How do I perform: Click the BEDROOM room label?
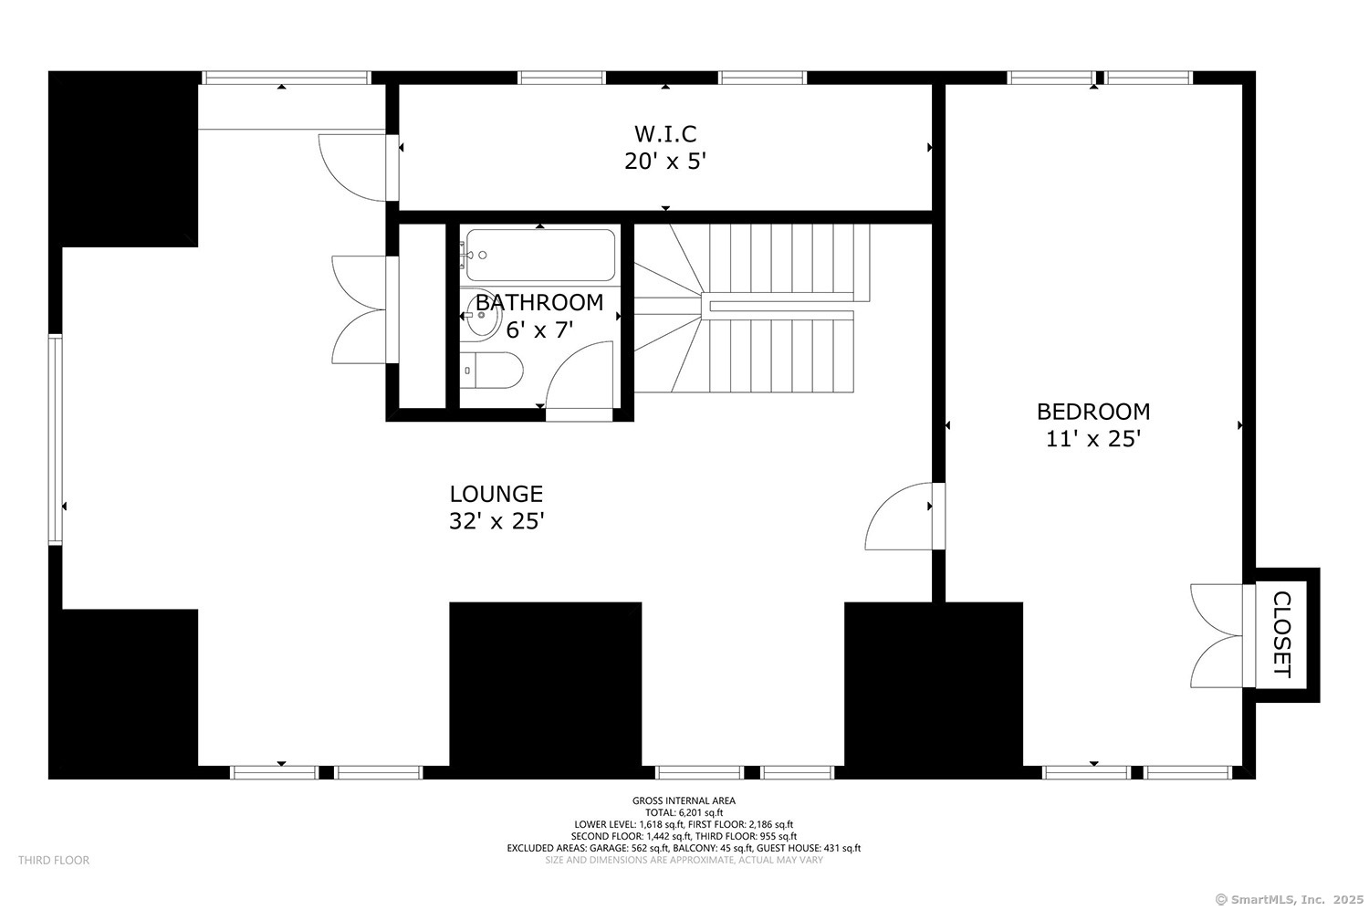(x=1092, y=412)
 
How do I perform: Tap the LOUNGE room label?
(x=496, y=494)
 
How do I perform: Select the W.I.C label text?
(x=665, y=135)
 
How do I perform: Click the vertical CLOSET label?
(x=1282, y=634)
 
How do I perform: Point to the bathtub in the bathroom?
(x=540, y=256)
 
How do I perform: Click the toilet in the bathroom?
(x=491, y=371)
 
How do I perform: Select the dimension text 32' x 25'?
(x=496, y=522)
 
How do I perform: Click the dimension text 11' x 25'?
(x=1092, y=439)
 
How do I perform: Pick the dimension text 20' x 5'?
(x=665, y=162)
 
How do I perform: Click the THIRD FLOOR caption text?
(x=54, y=860)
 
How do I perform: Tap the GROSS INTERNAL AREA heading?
(x=684, y=800)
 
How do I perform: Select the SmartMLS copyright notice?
(x=1289, y=899)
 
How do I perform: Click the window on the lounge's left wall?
(x=56, y=440)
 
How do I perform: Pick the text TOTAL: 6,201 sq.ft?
(x=684, y=812)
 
